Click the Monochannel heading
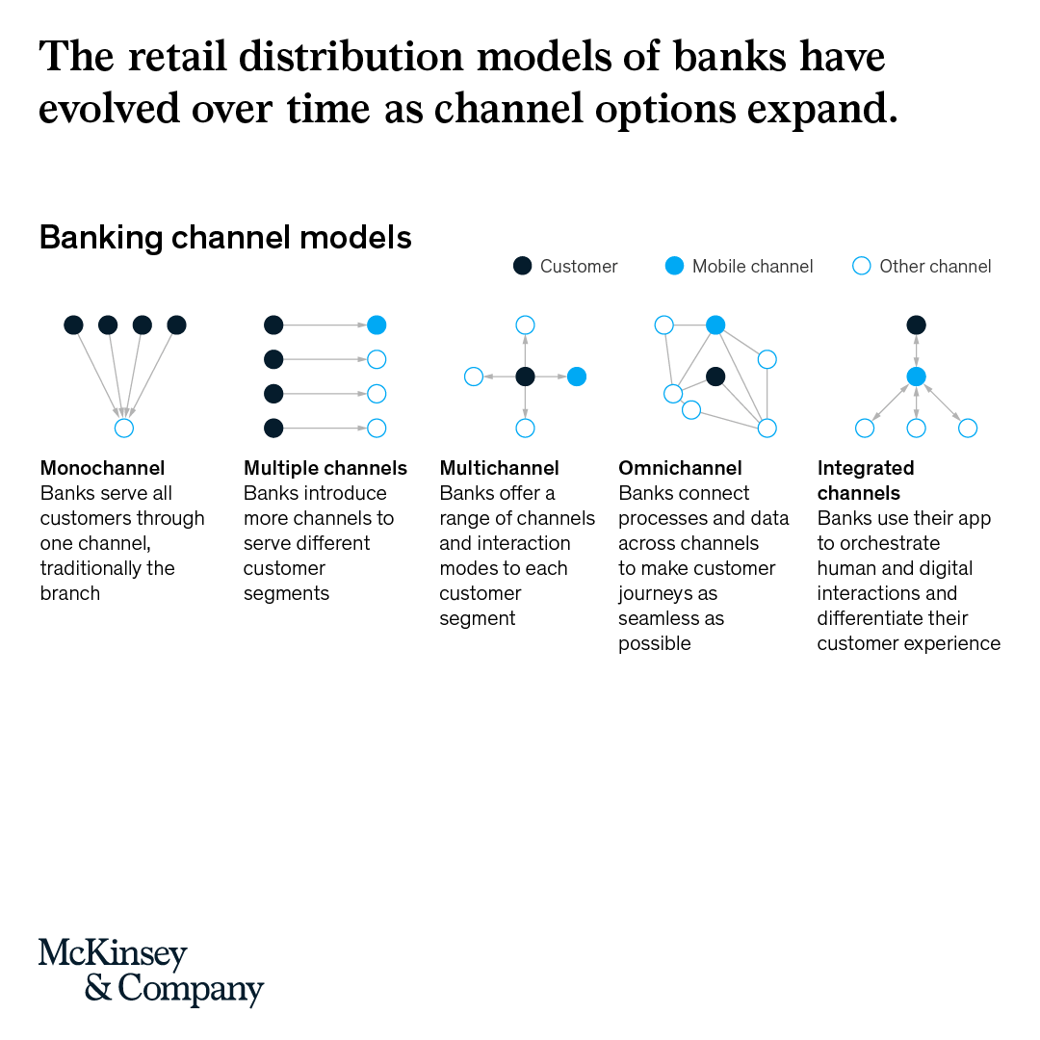pyautogui.click(x=102, y=469)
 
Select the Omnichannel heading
pyautogui.click(x=680, y=469)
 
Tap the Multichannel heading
pyautogui.click(x=499, y=469)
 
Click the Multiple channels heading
pyautogui.click(x=325, y=469)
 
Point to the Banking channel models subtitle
pyautogui.click(x=225, y=237)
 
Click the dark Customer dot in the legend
pyautogui.click(x=522, y=267)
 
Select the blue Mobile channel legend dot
pyautogui.click(x=675, y=267)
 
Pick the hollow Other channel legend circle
pyautogui.click(x=862, y=267)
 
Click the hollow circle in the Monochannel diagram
pyautogui.click(x=123, y=429)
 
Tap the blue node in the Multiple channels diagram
pyautogui.click(x=377, y=325)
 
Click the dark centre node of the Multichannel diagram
pyautogui.click(x=525, y=377)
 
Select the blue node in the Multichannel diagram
pyautogui.click(x=576, y=377)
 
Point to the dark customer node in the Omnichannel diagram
pyautogui.click(x=715, y=377)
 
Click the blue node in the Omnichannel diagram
pyautogui.click(x=715, y=325)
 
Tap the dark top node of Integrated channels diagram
pyautogui.click(x=917, y=325)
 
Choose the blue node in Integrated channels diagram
pyautogui.click(x=917, y=377)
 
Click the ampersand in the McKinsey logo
pyautogui.click(x=98, y=989)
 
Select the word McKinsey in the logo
pyautogui.click(x=113, y=953)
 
